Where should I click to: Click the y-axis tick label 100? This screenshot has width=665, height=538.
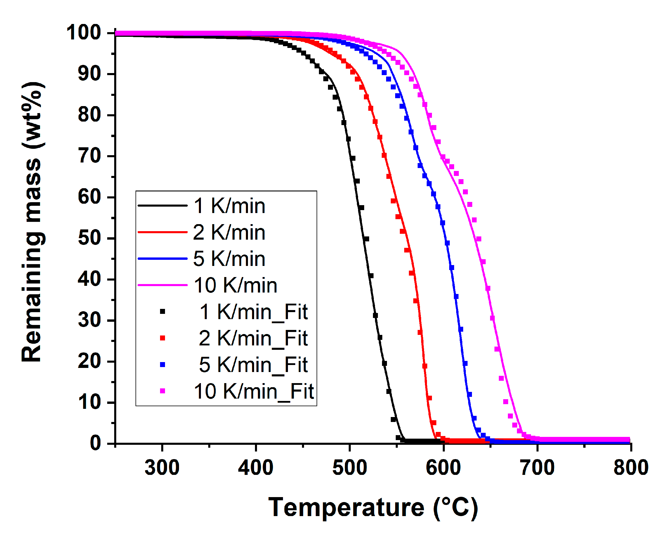click(83, 32)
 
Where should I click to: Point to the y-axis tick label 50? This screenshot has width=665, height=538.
click(89, 239)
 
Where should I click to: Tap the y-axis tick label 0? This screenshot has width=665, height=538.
click(96, 444)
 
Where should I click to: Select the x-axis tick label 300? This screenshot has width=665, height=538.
click(162, 468)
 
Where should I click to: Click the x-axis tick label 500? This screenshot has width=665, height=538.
click(349, 468)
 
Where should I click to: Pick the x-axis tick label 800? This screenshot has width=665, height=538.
click(631, 468)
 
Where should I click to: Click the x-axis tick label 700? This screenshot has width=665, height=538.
click(537, 468)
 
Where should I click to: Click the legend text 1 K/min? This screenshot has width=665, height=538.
click(229, 206)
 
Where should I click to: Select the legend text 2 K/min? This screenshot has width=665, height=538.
click(229, 232)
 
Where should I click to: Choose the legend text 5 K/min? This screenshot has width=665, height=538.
click(229, 259)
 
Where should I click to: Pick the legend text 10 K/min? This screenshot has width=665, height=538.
click(235, 286)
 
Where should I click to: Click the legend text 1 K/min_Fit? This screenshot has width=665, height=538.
click(254, 312)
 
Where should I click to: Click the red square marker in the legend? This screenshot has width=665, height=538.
click(162, 338)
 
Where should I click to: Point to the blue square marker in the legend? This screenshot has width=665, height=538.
click(162, 365)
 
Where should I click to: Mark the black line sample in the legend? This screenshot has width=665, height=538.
click(162, 205)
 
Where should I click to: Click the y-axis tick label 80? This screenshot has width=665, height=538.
click(89, 115)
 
